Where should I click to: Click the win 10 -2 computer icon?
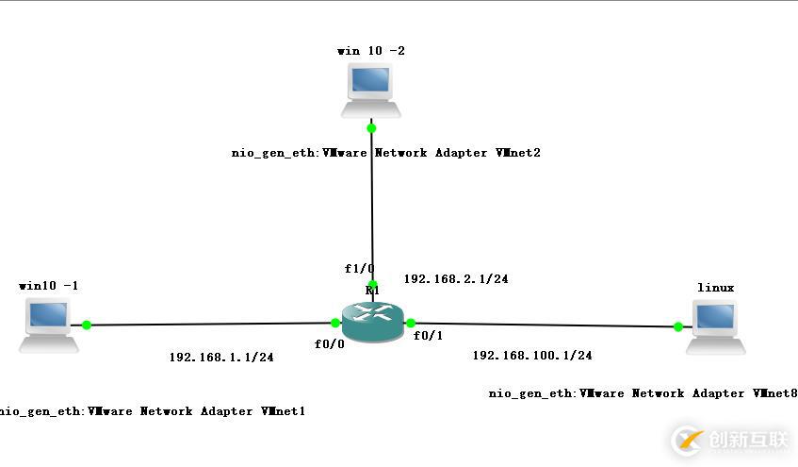tap(371, 91)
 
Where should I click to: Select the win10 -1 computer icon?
tap(49, 325)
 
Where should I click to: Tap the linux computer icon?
tap(715, 326)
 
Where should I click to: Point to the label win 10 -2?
tap(371, 50)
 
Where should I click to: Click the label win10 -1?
tap(48, 284)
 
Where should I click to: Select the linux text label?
tap(715, 287)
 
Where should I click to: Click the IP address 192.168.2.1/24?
tap(456, 279)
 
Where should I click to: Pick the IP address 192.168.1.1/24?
tap(221, 358)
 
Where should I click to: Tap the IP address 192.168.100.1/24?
tap(532, 356)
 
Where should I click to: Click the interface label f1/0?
tap(359, 269)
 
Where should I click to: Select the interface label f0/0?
tap(330, 344)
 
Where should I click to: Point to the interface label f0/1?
tap(429, 335)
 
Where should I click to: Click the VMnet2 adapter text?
tap(386, 153)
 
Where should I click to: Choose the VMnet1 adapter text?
tap(153, 411)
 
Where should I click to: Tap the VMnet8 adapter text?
tap(643, 393)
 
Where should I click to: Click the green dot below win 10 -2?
tap(372, 127)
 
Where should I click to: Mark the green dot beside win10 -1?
tap(87, 325)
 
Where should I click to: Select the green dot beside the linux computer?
tap(677, 327)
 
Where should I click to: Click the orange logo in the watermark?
tap(689, 441)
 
